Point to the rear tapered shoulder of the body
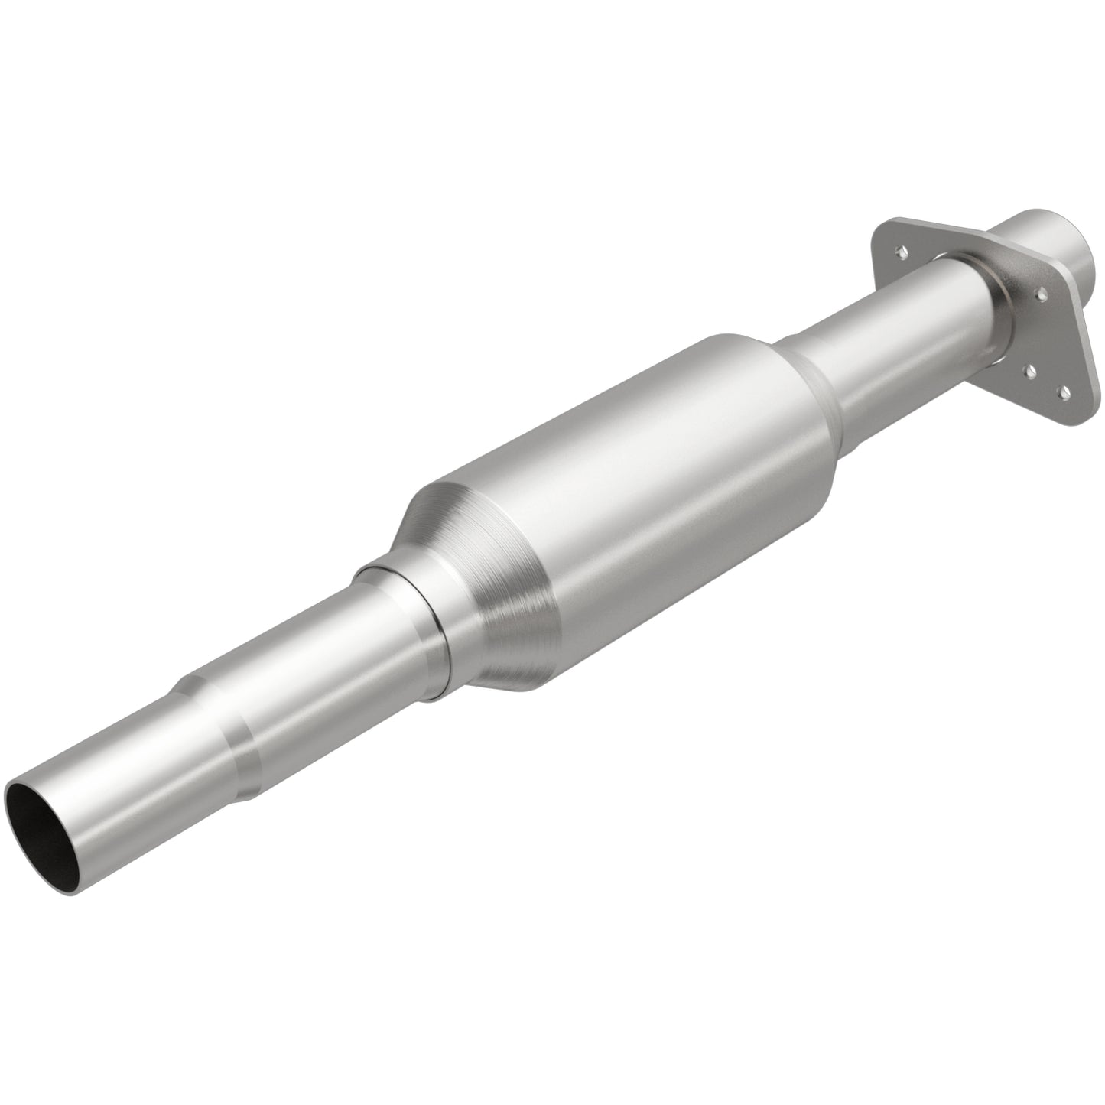[x=811, y=390]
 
